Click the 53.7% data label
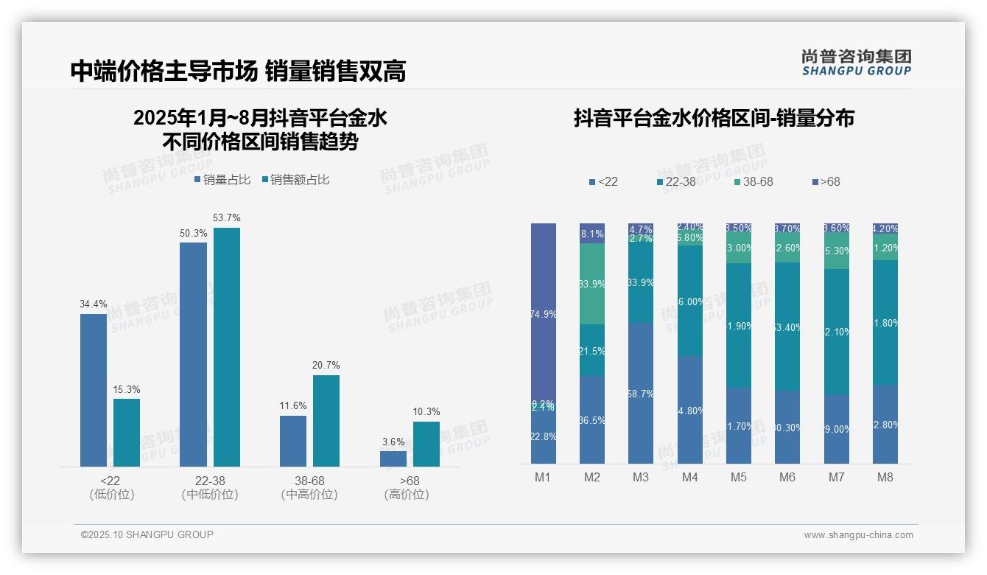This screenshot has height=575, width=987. pos(226,218)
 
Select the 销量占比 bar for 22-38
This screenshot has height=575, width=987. pos(193,354)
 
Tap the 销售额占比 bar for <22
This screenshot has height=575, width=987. pos(127,433)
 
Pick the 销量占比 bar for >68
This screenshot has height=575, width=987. pos(393,459)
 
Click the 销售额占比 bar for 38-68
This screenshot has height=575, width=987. pos(326,420)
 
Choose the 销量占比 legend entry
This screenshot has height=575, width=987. pos(222,180)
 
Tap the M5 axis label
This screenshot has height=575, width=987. pos(738,477)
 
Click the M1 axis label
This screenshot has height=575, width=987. pos(543,477)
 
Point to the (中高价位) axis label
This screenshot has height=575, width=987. pos(309,495)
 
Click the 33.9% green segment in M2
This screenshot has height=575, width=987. pos(592,284)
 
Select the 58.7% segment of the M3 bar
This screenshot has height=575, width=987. pos(641,393)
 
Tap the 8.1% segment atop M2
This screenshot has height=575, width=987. pos(592,234)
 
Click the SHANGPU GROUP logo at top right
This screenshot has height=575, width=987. pos(856,63)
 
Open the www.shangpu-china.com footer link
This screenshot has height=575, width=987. pos(858,535)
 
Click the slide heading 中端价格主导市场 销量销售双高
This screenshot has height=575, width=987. pos(238,71)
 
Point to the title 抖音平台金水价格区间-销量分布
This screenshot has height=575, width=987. pos(713,118)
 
